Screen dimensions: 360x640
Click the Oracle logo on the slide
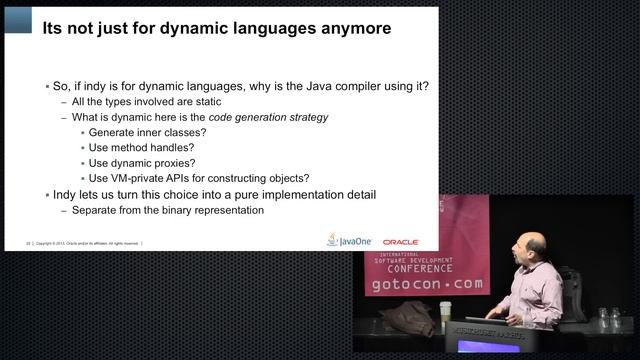click(400, 242)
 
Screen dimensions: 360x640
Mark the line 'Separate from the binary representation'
click(167, 210)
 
